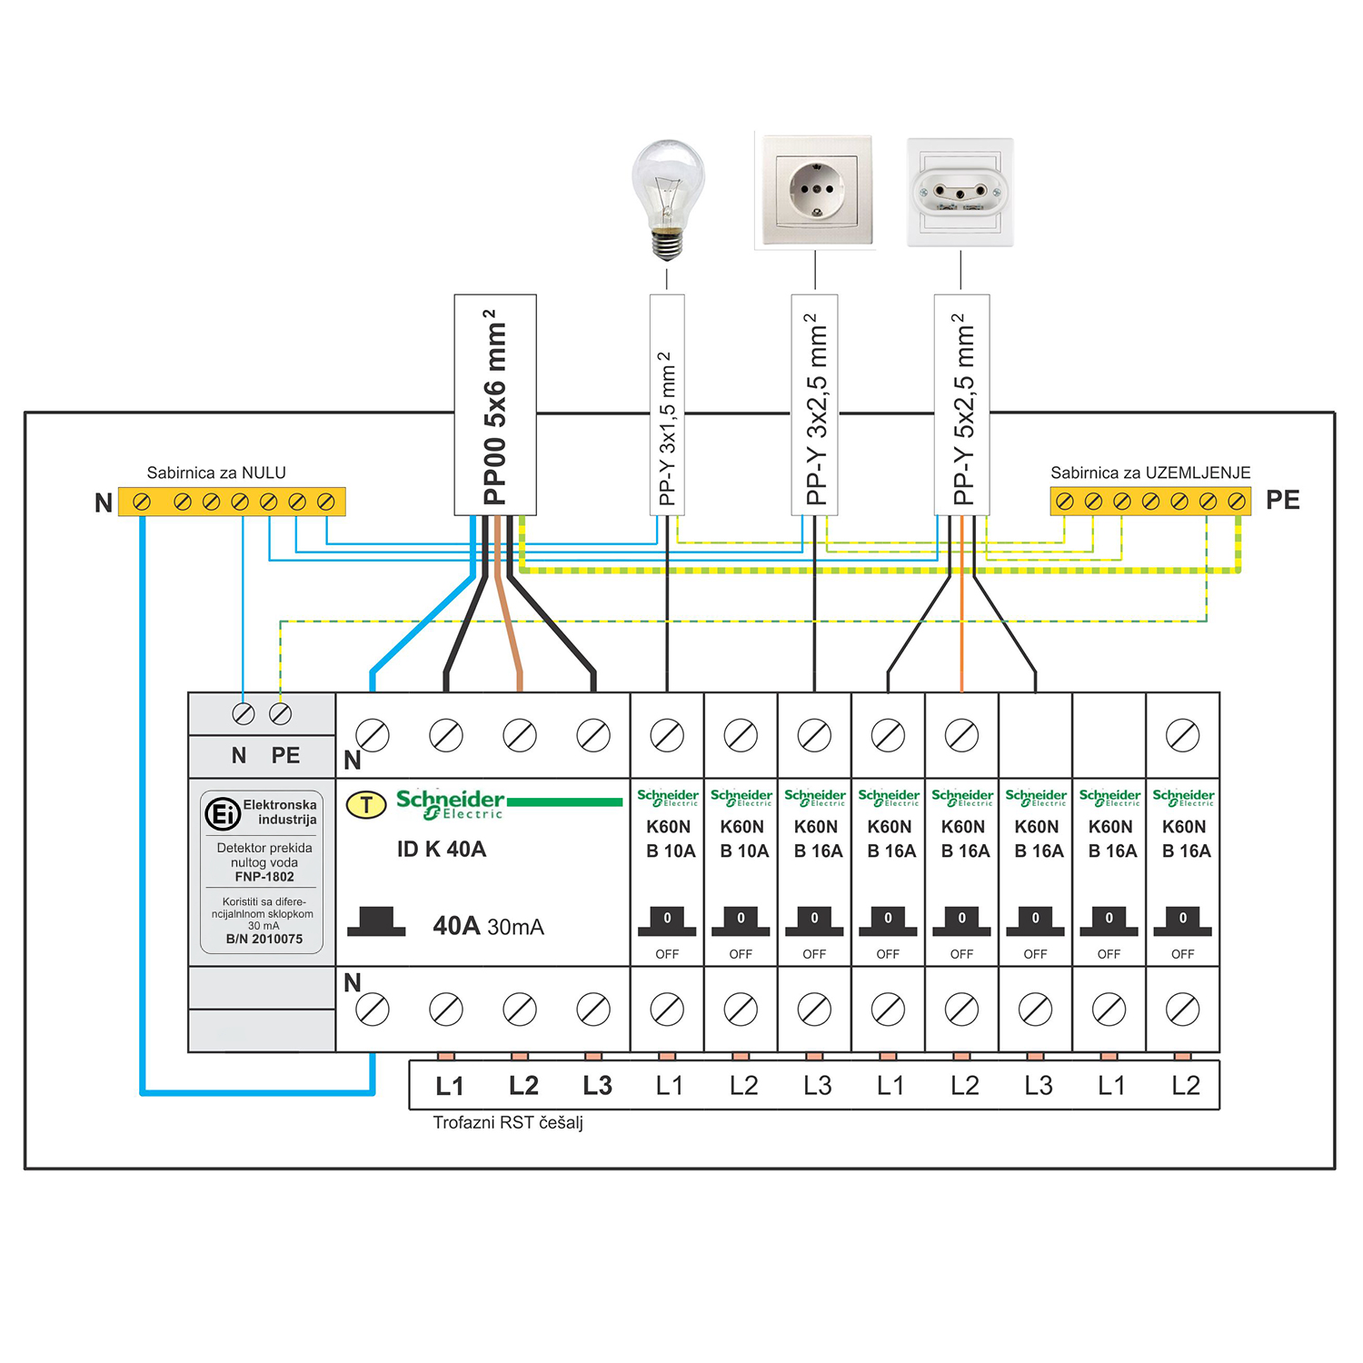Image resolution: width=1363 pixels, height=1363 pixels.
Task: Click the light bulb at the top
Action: point(668,195)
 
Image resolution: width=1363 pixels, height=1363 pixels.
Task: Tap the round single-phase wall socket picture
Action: point(814,190)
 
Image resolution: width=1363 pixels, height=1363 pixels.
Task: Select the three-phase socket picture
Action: point(960,192)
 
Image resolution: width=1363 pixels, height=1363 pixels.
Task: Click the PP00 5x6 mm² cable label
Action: point(495,405)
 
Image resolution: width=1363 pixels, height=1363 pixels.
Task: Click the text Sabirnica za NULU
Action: point(216,473)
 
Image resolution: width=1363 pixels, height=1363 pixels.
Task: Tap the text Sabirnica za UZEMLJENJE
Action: point(1150,473)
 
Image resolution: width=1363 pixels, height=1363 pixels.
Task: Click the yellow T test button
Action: point(366,805)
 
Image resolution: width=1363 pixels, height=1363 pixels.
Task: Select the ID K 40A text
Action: point(442,850)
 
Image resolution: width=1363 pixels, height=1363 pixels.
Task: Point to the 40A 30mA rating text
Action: point(488,926)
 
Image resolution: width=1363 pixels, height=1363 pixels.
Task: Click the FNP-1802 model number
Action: point(264,877)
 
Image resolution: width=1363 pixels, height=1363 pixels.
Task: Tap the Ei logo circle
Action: point(222,813)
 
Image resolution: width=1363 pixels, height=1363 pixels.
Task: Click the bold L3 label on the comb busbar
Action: point(597,1086)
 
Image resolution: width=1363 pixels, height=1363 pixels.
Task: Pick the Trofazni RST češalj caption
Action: point(508,1123)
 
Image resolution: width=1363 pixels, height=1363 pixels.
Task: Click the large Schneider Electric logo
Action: point(450,804)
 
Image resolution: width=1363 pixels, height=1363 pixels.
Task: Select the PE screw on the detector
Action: point(281,714)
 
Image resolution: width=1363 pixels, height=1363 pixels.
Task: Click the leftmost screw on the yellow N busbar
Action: point(142,502)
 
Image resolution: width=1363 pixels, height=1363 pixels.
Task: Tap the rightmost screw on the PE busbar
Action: point(1236,501)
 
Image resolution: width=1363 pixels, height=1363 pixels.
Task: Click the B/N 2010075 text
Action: point(264,939)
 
